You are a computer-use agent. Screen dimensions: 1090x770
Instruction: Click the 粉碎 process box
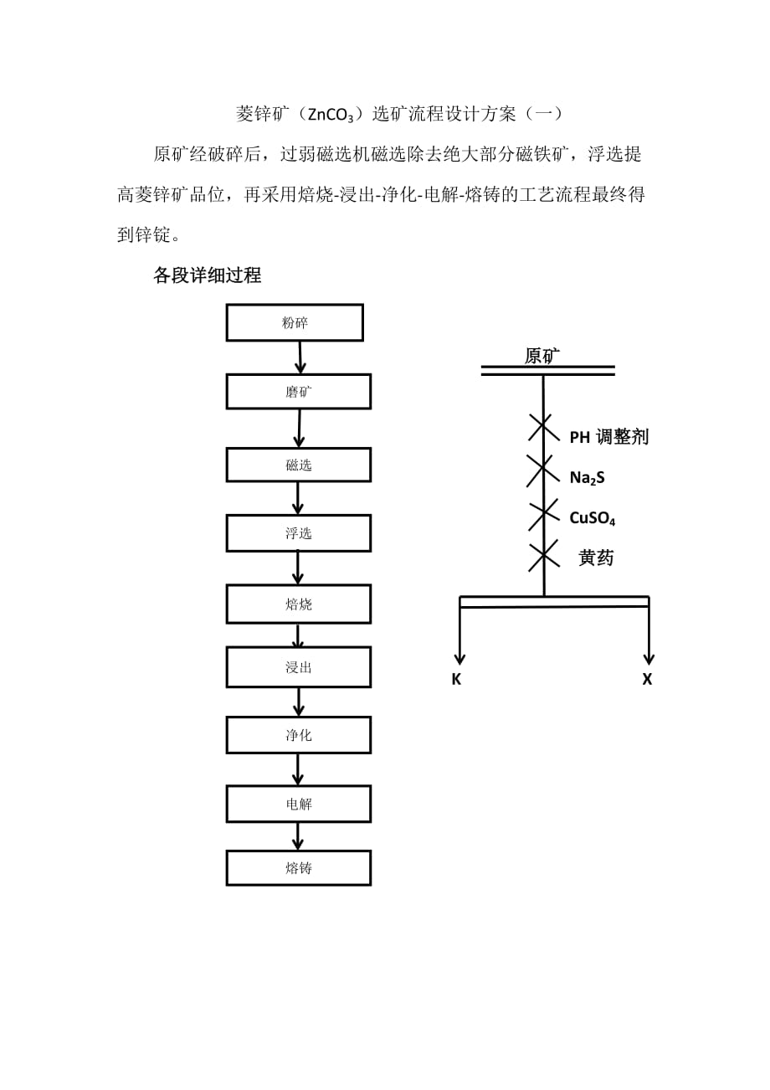tap(295, 322)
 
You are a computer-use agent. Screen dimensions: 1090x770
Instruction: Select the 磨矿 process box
tap(298, 391)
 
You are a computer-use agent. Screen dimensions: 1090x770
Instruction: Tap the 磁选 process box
tap(298, 465)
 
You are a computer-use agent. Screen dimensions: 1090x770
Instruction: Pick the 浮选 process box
tap(298, 533)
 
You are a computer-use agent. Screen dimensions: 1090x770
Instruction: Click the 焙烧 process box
tap(298, 604)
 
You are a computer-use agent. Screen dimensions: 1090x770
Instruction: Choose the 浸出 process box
tap(298, 667)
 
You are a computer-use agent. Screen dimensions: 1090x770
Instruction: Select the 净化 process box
tap(298, 735)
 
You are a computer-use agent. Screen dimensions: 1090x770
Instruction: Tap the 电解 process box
tap(298, 804)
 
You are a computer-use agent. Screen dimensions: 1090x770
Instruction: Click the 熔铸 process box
tap(298, 868)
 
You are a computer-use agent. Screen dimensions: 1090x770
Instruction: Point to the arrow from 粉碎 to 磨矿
tap(300, 357)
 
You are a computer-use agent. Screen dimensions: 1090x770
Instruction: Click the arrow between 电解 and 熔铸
tap(298, 836)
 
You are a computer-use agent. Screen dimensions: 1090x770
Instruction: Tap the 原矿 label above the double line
tap(542, 356)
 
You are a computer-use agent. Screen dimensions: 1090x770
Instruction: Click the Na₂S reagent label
tap(587, 477)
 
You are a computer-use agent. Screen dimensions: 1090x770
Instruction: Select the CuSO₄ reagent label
tap(593, 518)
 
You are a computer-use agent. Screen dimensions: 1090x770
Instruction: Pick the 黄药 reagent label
tap(596, 558)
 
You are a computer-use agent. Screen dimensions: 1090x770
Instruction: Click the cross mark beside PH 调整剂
tap(544, 428)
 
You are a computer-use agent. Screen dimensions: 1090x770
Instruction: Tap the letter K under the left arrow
tap(456, 680)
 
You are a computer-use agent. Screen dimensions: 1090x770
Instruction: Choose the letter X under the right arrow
tap(647, 680)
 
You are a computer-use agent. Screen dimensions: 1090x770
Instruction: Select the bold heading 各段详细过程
tap(207, 275)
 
